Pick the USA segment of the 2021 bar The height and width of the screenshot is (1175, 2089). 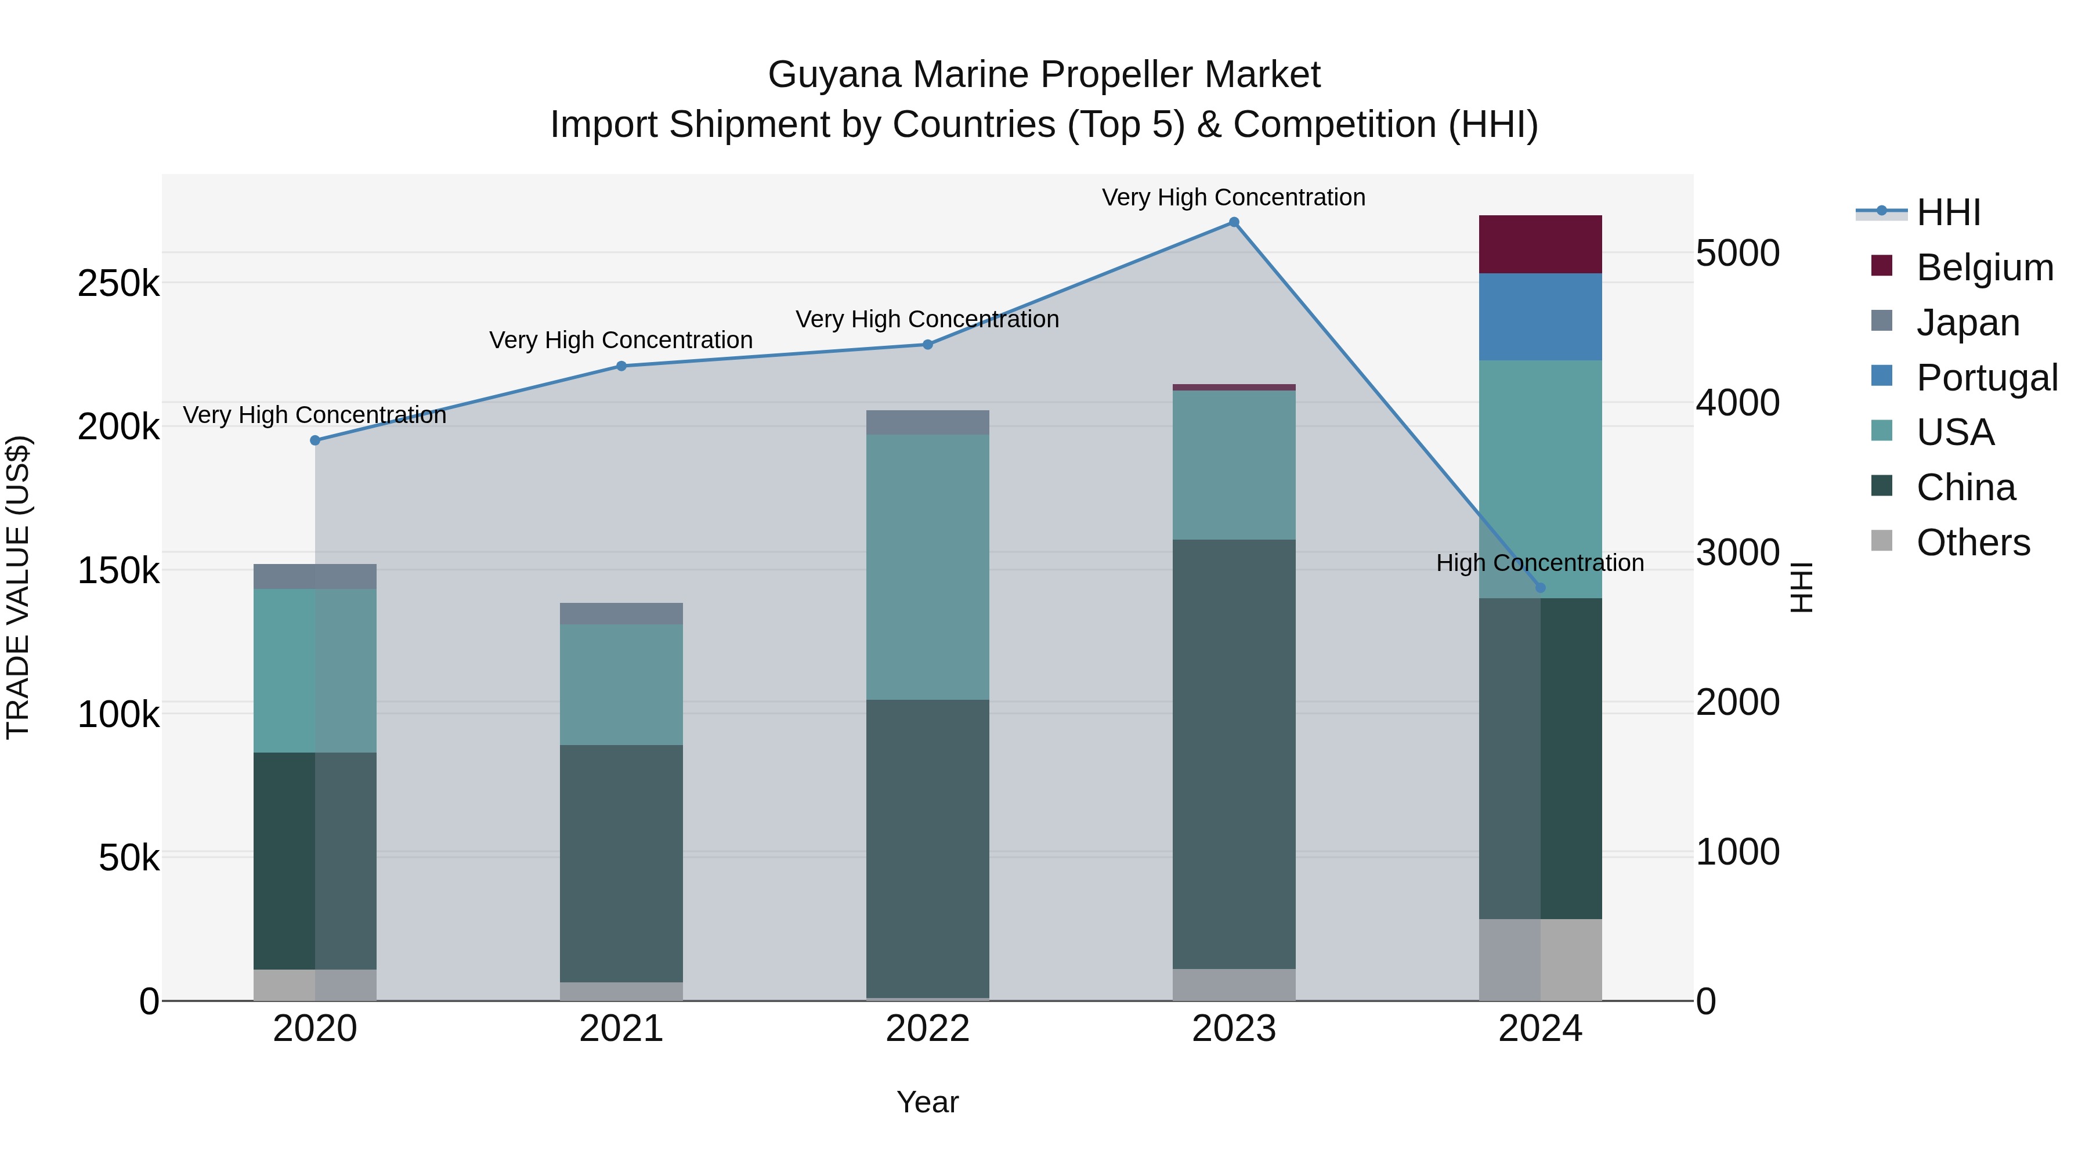coord(621,685)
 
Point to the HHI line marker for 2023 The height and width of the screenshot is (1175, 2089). coord(1234,222)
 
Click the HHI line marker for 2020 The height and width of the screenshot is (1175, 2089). coord(316,440)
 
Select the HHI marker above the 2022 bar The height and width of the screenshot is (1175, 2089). coord(928,345)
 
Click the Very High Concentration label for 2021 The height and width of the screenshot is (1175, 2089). coord(620,340)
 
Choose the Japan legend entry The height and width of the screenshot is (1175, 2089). coord(1967,323)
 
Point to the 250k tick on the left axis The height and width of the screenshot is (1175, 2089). coord(118,284)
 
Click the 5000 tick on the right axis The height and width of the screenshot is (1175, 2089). coord(1737,253)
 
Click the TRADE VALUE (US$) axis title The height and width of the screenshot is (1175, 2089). coord(18,587)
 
